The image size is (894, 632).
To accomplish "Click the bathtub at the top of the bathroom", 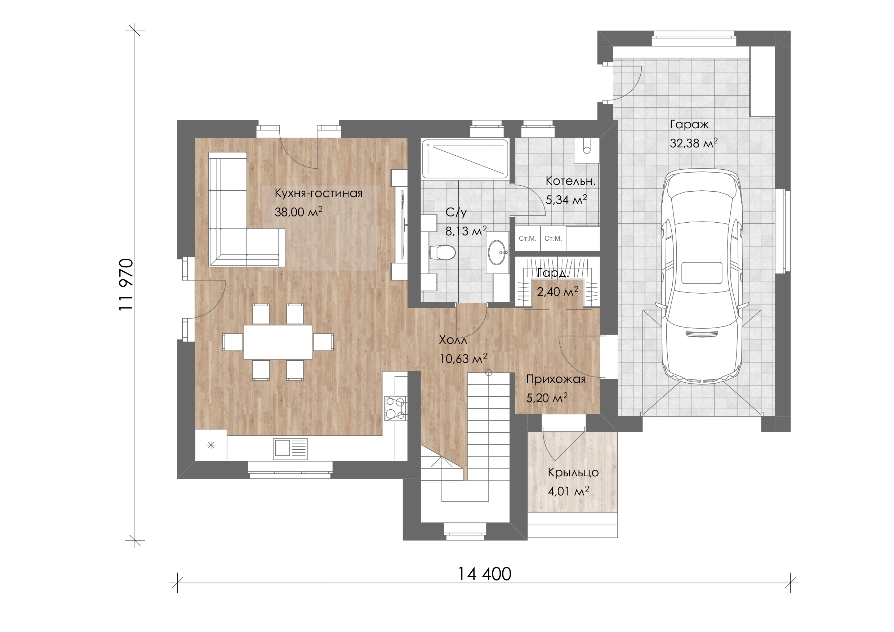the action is coord(465,159).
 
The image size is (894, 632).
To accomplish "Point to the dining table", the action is coord(278,342).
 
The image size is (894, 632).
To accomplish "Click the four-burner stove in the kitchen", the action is coord(396,408).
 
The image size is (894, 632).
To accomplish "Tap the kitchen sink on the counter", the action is coord(290,448).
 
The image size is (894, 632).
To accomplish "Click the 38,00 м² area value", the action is coord(299,212).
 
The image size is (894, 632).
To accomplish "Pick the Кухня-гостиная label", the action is coord(319,193).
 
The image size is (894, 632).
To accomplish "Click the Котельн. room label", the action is coord(571,181).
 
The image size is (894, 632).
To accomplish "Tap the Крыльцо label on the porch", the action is coord(573,473).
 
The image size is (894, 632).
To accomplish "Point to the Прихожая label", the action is coord(556,379).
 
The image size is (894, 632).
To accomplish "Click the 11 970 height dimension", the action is coord(127,284).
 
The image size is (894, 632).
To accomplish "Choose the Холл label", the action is coord(453,340).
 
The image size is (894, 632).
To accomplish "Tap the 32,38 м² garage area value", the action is coord(694,143).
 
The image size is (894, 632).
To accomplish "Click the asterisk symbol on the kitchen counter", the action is coord(211,445).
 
